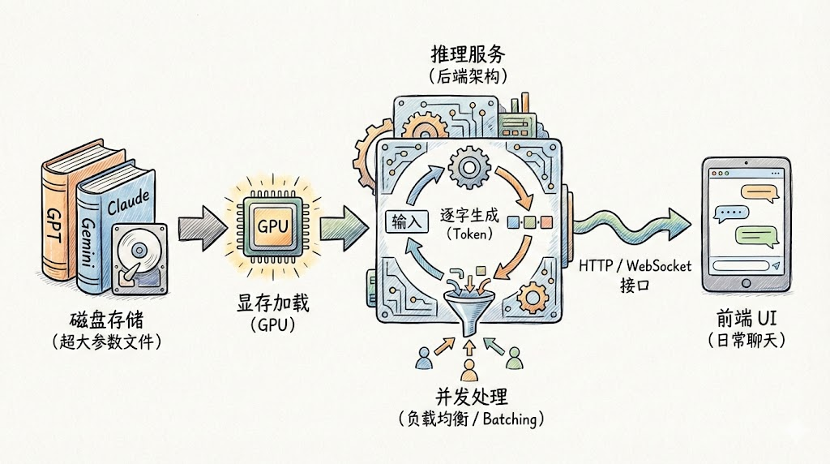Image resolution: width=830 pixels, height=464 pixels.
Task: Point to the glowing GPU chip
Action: (x=272, y=225)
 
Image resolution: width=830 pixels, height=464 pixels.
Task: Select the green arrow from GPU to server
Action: (x=344, y=223)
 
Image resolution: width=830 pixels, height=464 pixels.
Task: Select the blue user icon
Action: (x=423, y=358)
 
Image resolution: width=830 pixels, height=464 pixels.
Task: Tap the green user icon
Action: (x=511, y=358)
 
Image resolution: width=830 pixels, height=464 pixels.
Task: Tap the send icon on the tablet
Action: (x=776, y=266)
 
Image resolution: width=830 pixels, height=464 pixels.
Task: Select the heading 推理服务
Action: (x=468, y=54)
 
